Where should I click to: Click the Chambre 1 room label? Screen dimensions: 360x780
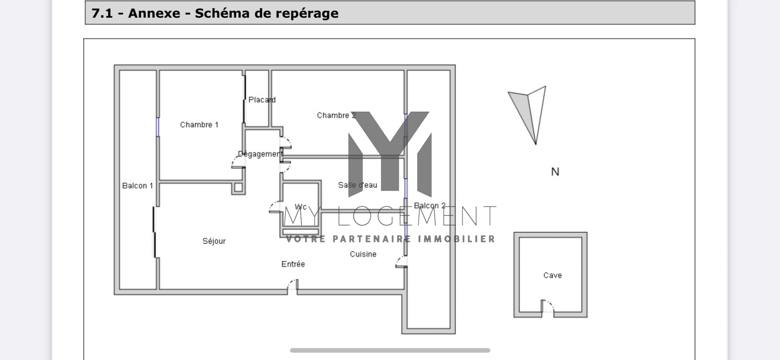(x=199, y=125)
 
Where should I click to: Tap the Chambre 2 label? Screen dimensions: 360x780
(x=336, y=115)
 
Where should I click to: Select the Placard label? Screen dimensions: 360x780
(x=262, y=100)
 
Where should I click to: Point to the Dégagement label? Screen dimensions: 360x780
(x=260, y=154)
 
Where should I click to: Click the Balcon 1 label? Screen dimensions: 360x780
(x=137, y=186)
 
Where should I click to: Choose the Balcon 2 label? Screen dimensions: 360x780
(x=429, y=206)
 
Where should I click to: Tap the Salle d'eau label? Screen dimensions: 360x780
(x=358, y=185)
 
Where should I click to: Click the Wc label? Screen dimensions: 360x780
(x=301, y=207)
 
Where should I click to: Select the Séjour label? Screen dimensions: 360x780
(x=214, y=241)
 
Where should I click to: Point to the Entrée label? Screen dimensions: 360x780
(x=293, y=264)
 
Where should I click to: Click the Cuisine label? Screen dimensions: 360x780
(x=363, y=254)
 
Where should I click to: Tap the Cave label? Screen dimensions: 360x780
(x=552, y=275)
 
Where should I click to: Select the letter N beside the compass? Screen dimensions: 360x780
(x=555, y=172)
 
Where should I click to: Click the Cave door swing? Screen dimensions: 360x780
(x=547, y=306)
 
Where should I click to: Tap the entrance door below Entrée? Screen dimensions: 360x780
(x=293, y=286)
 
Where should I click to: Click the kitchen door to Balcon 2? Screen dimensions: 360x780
(x=401, y=262)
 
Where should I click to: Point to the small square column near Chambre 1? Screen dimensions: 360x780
(x=238, y=187)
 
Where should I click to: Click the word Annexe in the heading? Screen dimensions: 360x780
(x=154, y=13)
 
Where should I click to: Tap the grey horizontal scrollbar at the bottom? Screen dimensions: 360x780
(x=390, y=350)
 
